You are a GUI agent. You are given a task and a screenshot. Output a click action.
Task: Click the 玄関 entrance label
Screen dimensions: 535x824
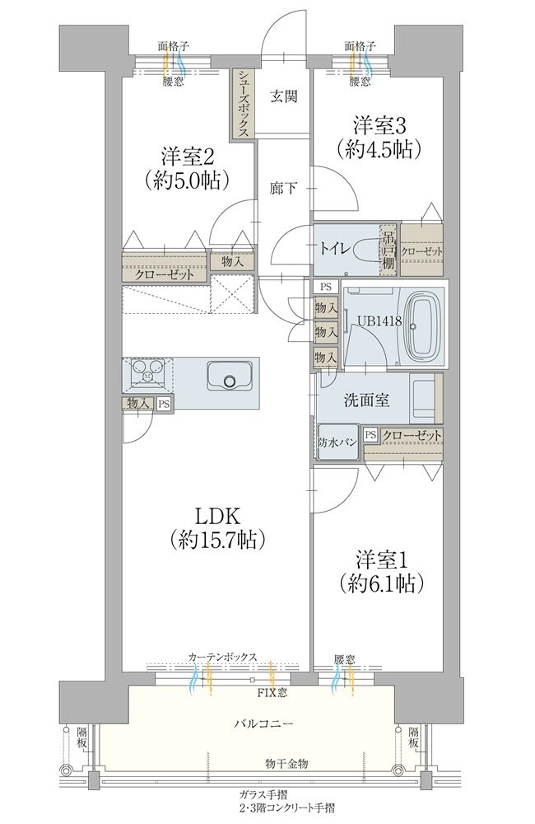click(284, 96)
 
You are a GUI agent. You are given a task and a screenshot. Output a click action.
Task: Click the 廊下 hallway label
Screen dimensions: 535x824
click(283, 188)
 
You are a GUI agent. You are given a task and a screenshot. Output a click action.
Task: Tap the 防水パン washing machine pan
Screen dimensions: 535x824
click(337, 442)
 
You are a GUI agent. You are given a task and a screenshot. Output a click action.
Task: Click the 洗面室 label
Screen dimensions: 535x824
click(366, 400)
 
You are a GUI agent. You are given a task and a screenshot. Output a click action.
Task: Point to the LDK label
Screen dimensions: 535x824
click(217, 517)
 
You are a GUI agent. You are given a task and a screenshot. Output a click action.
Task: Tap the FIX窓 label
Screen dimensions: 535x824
click(272, 693)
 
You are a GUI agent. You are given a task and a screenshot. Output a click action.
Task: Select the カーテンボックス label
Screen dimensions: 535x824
click(222, 657)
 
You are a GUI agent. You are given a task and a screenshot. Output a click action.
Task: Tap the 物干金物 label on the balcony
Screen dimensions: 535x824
click(286, 763)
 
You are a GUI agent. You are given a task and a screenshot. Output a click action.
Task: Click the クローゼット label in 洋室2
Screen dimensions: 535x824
click(165, 274)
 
